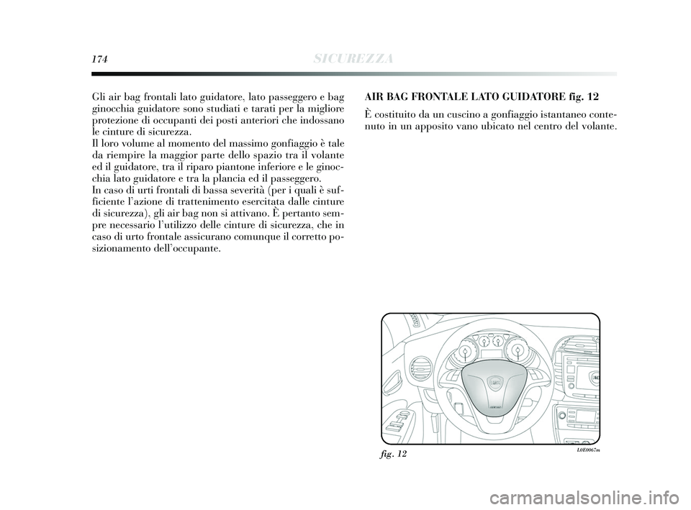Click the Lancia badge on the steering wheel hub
point(494,383)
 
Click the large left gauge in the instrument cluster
point(464,351)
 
